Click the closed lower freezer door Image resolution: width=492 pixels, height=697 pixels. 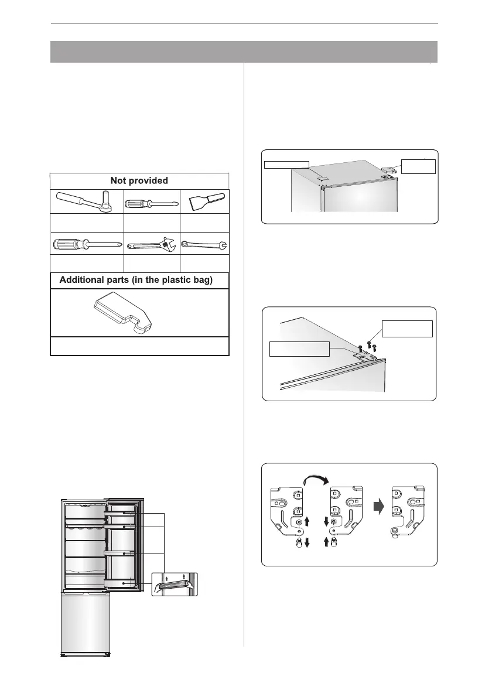coord(86,623)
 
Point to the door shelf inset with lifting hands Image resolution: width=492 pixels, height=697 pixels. coord(173,584)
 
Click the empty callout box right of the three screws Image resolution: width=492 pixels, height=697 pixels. coord(406,328)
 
